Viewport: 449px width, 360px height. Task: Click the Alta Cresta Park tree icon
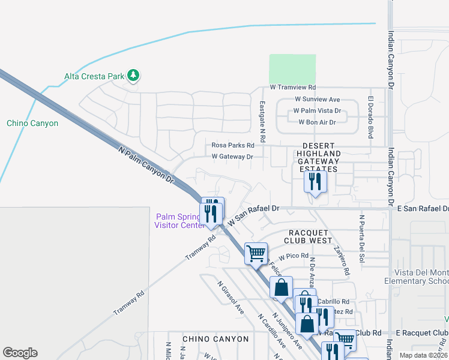point(133,76)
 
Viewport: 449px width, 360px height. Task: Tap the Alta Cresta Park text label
point(94,76)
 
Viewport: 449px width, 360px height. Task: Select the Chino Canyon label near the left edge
point(32,123)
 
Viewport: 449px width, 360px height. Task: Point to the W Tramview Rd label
point(293,88)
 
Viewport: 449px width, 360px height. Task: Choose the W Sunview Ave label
point(317,100)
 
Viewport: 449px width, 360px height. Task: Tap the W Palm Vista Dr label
point(316,111)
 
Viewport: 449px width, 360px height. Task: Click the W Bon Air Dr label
point(317,122)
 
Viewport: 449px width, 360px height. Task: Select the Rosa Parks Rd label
point(233,145)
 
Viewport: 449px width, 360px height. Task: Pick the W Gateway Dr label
point(232,157)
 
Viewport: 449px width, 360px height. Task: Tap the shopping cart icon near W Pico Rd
point(256,253)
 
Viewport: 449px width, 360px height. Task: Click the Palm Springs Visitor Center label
point(178,221)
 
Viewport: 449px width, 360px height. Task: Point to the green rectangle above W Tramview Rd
point(292,69)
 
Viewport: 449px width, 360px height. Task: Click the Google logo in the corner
point(20,353)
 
